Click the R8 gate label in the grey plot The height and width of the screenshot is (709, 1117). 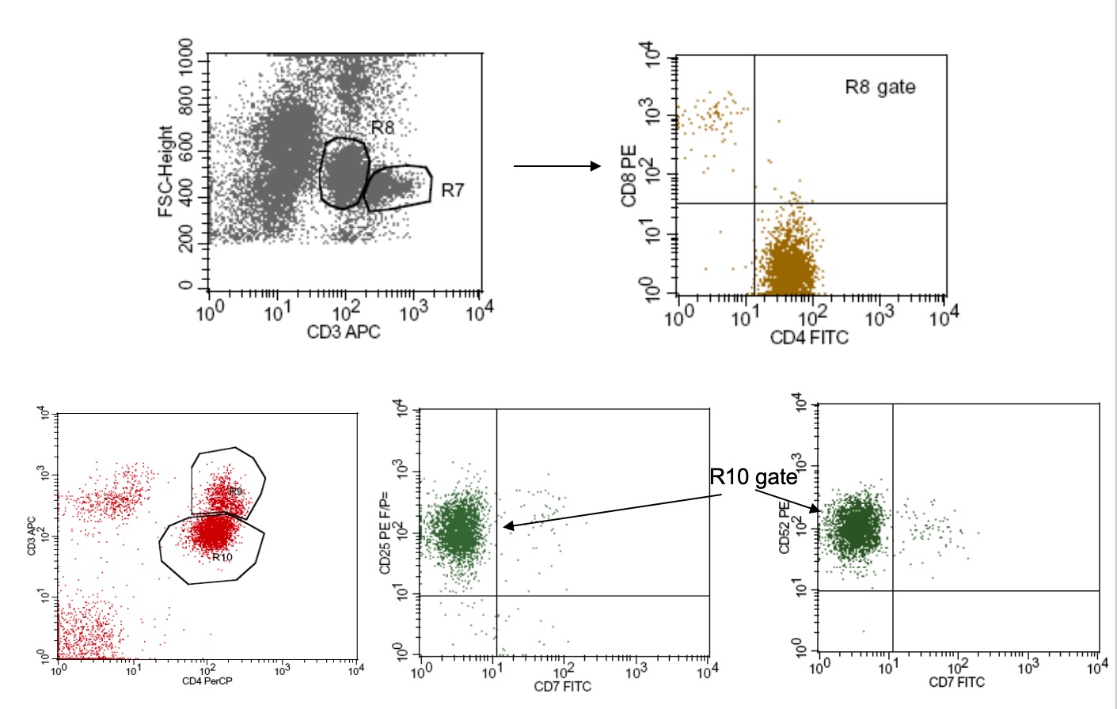point(382,127)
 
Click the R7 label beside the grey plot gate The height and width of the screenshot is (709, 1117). point(452,190)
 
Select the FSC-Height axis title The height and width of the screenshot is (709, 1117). point(165,171)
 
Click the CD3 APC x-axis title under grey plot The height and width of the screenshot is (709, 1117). point(343,332)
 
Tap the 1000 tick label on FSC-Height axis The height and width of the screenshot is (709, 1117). point(186,56)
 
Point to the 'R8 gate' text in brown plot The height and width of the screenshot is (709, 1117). point(880,87)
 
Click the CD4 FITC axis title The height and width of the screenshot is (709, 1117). point(808,338)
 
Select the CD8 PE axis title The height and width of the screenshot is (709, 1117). point(629,175)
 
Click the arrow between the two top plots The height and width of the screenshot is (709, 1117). point(557,166)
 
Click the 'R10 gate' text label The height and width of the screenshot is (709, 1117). point(753,476)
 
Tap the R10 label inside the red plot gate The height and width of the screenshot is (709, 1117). point(222,557)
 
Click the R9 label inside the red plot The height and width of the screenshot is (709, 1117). point(236,491)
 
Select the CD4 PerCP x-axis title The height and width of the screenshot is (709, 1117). point(207,681)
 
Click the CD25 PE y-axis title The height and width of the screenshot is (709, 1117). point(386,532)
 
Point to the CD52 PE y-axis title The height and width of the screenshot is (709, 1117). point(785,527)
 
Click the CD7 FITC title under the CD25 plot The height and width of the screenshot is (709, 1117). point(562,686)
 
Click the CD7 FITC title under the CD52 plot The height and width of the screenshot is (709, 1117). point(956,682)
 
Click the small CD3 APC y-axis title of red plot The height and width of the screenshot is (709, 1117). point(32,536)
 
